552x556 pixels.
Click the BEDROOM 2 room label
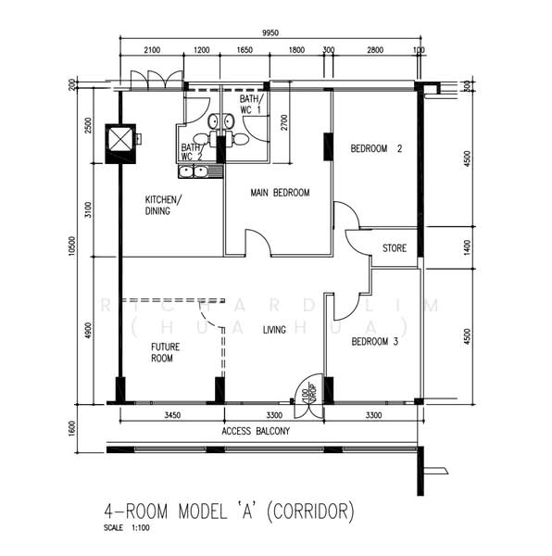coord(376,148)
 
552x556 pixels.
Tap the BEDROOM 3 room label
coord(375,342)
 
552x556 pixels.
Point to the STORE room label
coord(395,247)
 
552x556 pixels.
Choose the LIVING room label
coord(274,329)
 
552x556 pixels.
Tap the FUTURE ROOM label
coord(166,353)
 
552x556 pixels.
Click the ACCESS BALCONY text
coord(257,432)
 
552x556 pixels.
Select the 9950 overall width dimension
coord(270,33)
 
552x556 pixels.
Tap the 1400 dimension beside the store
coord(469,247)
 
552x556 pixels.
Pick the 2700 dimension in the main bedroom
coord(283,124)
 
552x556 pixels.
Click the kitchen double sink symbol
coord(194,171)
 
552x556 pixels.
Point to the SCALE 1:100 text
coord(129,530)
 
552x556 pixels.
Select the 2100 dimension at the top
coord(152,50)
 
